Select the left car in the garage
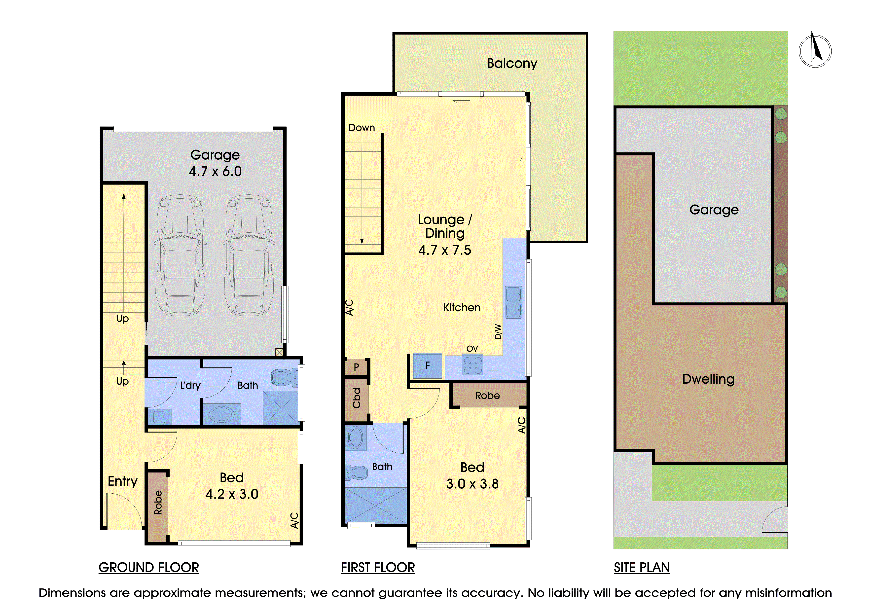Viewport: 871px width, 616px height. pos(180,255)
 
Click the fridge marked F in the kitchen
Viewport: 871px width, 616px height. pos(428,365)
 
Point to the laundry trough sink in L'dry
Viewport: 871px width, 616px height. pos(159,417)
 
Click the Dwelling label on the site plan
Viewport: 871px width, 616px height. pos(708,379)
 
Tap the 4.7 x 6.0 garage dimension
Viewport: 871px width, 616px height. pos(215,172)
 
